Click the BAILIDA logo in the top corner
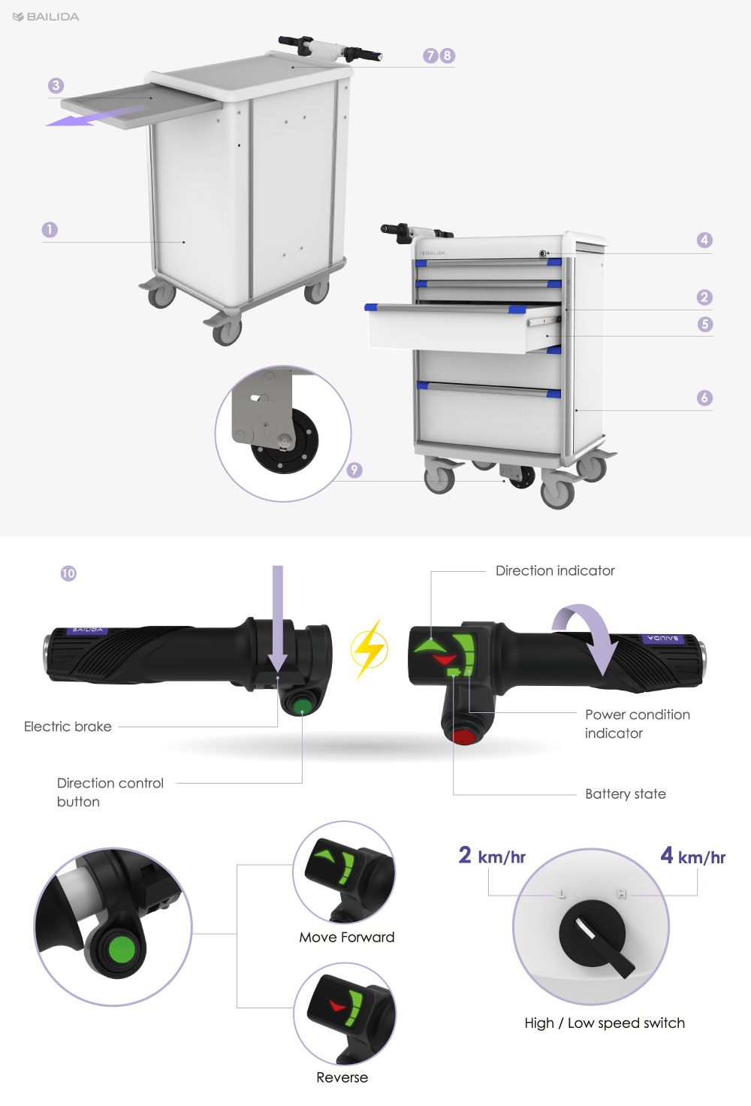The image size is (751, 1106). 46,17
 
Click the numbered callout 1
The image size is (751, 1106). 50,230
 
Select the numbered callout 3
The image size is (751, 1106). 56,86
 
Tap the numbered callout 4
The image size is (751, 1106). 704,240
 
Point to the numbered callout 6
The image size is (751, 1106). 704,397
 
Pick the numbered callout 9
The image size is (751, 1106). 354,470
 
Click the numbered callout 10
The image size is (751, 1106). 68,573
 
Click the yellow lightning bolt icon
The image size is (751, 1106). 369,648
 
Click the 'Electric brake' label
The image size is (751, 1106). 68,727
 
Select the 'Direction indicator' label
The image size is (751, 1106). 555,571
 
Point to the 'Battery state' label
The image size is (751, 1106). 625,794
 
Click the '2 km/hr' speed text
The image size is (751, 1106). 492,856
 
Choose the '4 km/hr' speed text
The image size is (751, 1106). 692,856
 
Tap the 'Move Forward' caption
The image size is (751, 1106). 346,937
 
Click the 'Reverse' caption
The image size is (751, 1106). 342,1077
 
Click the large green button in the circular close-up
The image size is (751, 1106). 122,950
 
